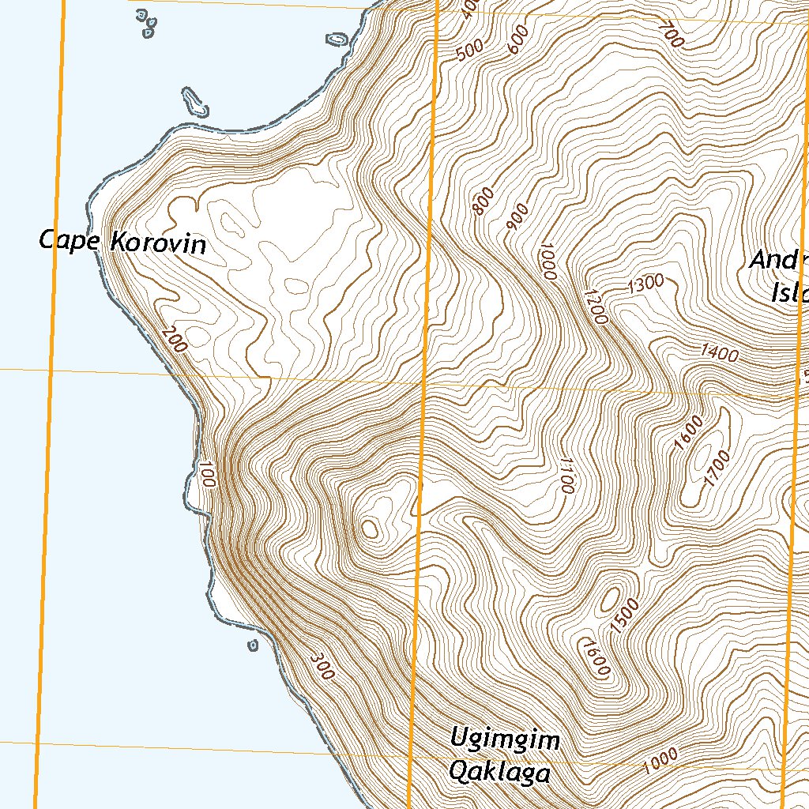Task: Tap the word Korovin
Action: tap(158, 243)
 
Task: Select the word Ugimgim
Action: tap(505, 740)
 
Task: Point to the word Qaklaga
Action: tap(499, 771)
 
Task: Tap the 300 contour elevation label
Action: tap(322, 666)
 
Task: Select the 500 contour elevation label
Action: tap(469, 51)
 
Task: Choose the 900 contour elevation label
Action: tap(517, 219)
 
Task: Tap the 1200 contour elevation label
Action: tap(596, 307)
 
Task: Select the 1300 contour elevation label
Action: tap(645, 285)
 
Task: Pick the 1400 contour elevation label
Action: tap(719, 353)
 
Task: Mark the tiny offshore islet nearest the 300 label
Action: tap(253, 645)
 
